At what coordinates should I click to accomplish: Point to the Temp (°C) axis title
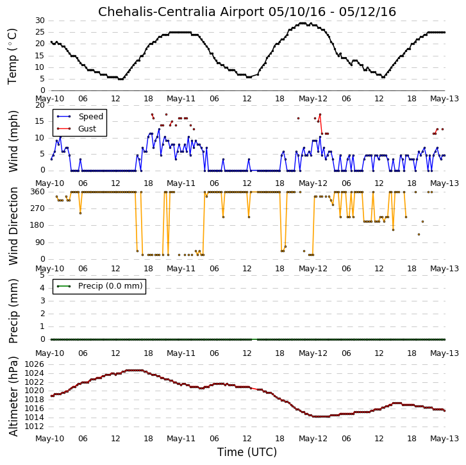(12, 56)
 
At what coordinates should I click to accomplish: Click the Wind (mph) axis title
(13, 142)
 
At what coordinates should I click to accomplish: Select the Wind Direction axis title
(13, 226)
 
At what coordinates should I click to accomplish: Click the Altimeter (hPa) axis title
(13, 396)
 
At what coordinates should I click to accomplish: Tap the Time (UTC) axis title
(247, 452)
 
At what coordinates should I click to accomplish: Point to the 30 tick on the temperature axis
(40, 21)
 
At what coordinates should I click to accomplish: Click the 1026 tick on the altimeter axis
(34, 364)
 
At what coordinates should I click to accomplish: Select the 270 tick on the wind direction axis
(38, 208)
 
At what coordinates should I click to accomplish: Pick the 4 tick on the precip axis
(42, 288)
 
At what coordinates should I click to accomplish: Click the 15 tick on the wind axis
(40, 121)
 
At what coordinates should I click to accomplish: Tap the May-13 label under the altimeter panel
(444, 439)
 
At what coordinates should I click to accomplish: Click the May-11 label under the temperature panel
(181, 99)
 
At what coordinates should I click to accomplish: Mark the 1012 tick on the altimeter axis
(34, 427)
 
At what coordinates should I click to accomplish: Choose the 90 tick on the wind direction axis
(40, 242)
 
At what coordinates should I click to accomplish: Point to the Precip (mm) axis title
(13, 311)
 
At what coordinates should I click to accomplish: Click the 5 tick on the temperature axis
(42, 79)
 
